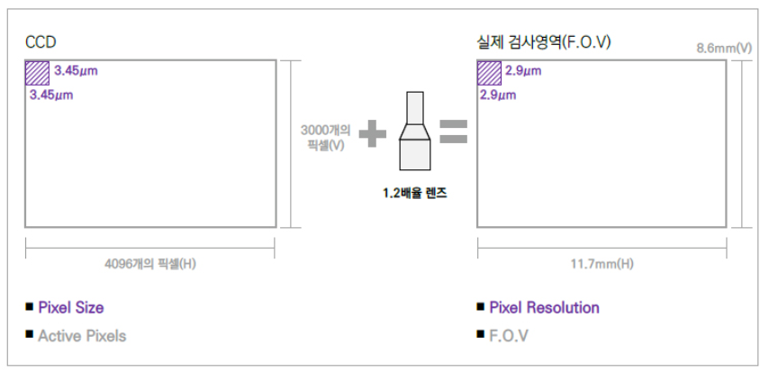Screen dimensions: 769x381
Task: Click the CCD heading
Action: click(x=39, y=42)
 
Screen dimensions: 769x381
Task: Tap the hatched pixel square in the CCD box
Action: click(x=37, y=73)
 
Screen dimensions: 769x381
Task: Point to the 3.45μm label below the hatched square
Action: click(x=50, y=94)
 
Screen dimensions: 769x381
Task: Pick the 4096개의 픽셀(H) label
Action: click(x=150, y=263)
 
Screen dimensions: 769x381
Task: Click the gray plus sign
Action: click(x=372, y=134)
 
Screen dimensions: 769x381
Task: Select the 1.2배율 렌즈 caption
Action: click(x=414, y=192)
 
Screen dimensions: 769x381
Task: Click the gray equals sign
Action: click(x=453, y=134)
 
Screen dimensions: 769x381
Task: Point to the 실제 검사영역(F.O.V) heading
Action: click(x=545, y=42)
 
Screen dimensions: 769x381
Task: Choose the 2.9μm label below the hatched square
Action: click(x=498, y=94)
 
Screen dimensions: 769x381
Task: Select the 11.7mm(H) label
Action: click(x=602, y=263)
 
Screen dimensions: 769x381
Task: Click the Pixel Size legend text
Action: click(x=70, y=308)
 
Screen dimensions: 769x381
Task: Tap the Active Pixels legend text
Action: click(x=82, y=336)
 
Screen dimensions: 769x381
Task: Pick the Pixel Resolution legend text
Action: click(x=544, y=308)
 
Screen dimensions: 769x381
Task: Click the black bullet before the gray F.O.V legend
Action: click(x=481, y=336)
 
